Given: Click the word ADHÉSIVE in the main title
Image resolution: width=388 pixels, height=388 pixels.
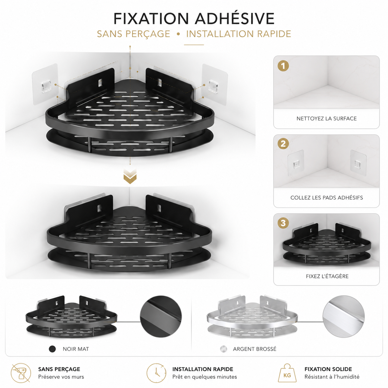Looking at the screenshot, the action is point(235,19).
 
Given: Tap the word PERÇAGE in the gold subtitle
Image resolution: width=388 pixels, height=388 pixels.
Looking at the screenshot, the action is point(148,34).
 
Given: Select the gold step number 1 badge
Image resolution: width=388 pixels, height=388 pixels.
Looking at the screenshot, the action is point(283,66).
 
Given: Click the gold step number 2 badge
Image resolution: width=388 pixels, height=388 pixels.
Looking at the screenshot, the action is point(283,144).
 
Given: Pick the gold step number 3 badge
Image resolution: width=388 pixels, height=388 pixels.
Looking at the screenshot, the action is point(283,223).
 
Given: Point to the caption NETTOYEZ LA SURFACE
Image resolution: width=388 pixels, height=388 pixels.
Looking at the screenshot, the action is point(326,119).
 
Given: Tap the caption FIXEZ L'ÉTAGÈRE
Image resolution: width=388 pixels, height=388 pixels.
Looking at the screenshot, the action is point(327,276).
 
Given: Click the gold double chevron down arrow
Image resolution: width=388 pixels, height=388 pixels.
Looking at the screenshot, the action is point(130,176).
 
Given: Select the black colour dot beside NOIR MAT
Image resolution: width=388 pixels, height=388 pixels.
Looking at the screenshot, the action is point(52,349).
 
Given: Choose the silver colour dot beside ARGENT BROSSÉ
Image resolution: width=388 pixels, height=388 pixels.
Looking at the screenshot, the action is point(223,349).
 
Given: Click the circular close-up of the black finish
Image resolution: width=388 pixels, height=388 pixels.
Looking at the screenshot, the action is point(161,316).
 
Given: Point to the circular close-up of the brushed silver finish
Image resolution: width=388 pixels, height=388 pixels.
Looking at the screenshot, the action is point(343,316).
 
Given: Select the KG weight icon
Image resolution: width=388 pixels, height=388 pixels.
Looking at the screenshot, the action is point(287,373).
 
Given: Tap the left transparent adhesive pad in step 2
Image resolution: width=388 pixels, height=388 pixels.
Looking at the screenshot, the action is point(296,163).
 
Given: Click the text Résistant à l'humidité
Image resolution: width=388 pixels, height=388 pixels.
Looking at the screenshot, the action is point(332,377).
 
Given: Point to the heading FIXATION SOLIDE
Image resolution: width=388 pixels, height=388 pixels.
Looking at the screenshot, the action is point(328,369).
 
